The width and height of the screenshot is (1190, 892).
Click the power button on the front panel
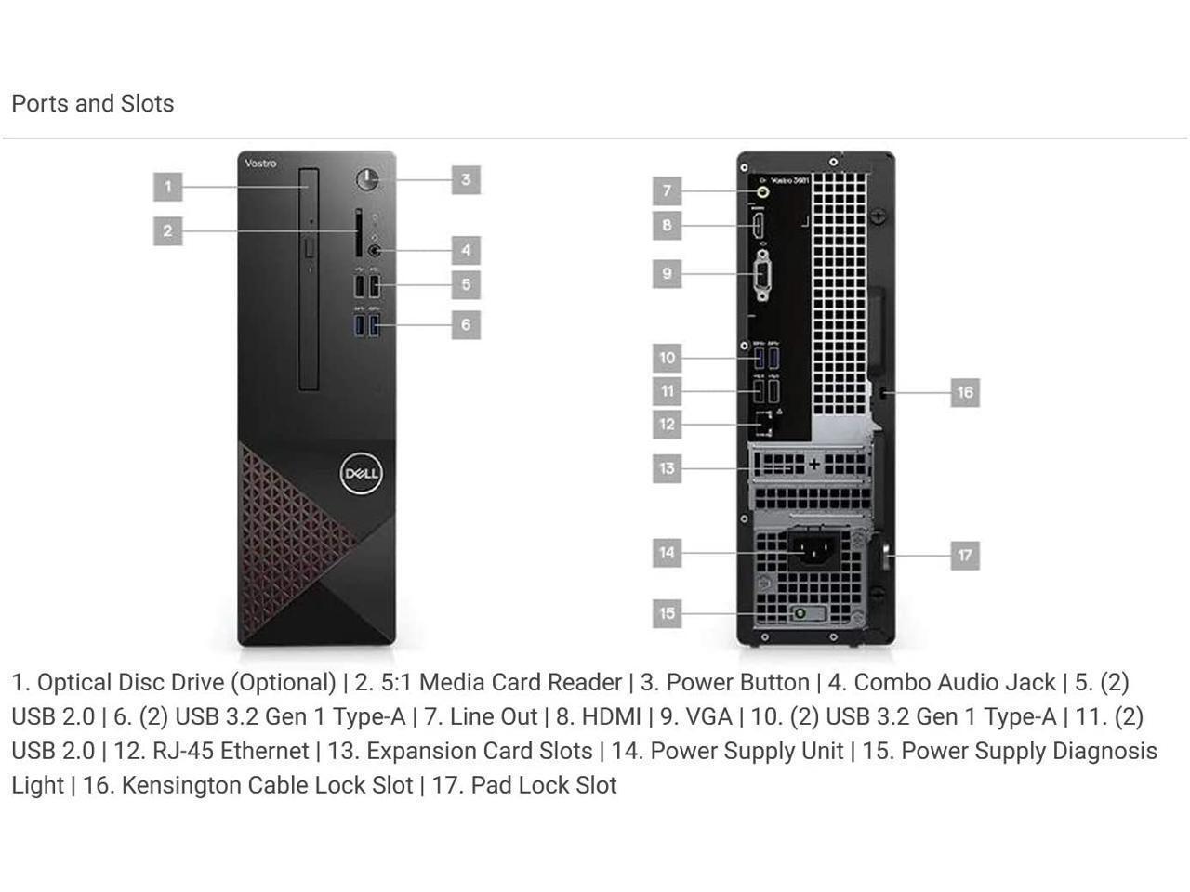click(368, 179)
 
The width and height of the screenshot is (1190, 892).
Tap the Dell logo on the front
click(361, 474)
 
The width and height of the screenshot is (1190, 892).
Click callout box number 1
click(167, 187)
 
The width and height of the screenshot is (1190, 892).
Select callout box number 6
click(466, 324)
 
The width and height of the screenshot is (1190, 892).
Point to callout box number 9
click(667, 274)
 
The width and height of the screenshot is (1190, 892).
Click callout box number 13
click(667, 467)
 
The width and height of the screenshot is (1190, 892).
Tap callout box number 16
click(965, 392)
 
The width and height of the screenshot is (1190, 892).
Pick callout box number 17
click(965, 556)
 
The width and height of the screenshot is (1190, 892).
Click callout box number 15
click(667, 613)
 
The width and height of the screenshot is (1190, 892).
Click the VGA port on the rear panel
click(762, 276)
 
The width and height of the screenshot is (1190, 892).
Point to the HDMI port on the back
click(758, 225)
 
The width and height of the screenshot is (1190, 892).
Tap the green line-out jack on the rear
click(763, 192)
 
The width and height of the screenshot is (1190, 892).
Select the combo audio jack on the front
click(375, 250)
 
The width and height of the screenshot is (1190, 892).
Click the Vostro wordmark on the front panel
click(260, 164)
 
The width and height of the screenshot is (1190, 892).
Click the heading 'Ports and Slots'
click(93, 103)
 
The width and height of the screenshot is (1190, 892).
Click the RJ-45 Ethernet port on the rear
click(764, 423)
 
